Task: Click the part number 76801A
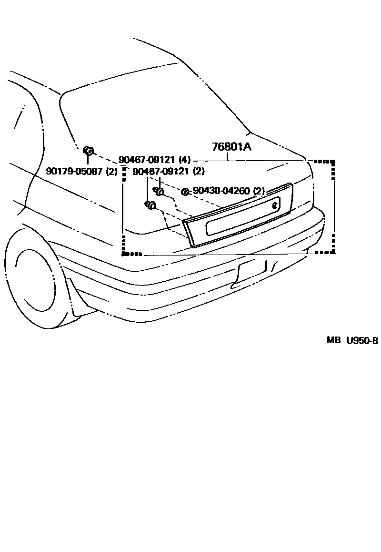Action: pyautogui.click(x=231, y=147)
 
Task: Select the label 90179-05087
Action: pyautogui.click(x=74, y=171)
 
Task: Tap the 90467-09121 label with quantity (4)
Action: pyautogui.click(x=148, y=160)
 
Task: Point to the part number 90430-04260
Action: pyautogui.click(x=221, y=191)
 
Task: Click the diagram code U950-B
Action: pyautogui.click(x=361, y=340)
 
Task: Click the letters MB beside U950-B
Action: pyautogui.click(x=332, y=340)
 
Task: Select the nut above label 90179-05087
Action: pyautogui.click(x=88, y=151)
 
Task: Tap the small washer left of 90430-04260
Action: pyautogui.click(x=185, y=192)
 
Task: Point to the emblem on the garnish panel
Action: pyautogui.click(x=275, y=205)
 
